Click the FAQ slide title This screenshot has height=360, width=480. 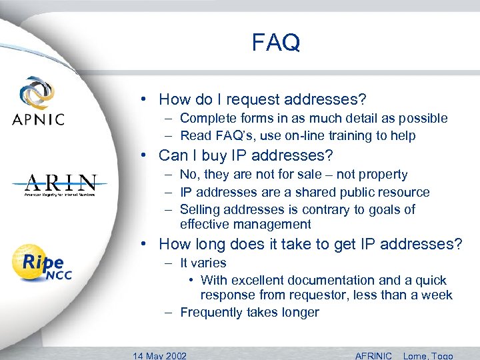[276, 43]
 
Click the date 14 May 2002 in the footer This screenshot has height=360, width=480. [160, 355]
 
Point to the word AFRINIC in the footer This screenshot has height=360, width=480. [373, 355]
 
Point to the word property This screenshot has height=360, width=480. [381, 175]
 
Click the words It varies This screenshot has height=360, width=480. [203, 263]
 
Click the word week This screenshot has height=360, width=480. [437, 295]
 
